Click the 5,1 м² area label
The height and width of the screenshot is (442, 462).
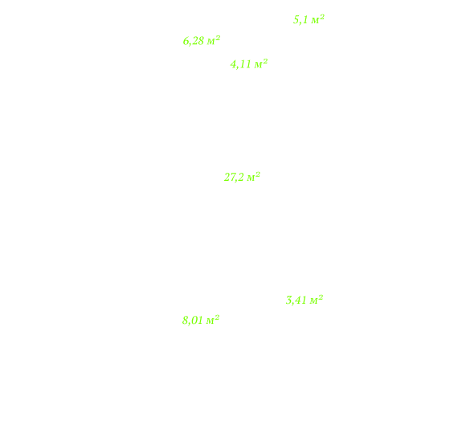(309, 19)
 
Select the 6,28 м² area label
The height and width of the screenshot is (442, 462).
(202, 41)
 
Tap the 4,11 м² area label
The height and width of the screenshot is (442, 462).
(249, 63)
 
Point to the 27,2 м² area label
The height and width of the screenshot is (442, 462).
(242, 177)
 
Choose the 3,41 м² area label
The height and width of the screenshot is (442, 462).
(305, 300)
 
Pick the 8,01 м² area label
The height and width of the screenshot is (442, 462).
(201, 320)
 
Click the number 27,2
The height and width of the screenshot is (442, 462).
(234, 178)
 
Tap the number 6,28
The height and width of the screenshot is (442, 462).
(194, 41)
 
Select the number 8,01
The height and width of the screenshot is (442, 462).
(193, 321)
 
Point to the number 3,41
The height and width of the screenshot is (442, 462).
(296, 301)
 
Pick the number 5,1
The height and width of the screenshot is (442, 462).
(301, 20)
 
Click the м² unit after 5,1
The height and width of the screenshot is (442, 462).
(318, 19)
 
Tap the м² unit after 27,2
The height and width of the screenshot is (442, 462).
(254, 177)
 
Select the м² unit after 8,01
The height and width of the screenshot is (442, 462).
(213, 319)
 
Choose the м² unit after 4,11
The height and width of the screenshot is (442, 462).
(261, 63)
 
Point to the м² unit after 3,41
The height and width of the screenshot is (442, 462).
(317, 300)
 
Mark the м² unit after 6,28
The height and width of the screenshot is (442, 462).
(214, 40)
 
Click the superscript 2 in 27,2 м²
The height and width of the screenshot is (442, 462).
(258, 174)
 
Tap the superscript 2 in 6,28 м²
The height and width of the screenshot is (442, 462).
(218, 38)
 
